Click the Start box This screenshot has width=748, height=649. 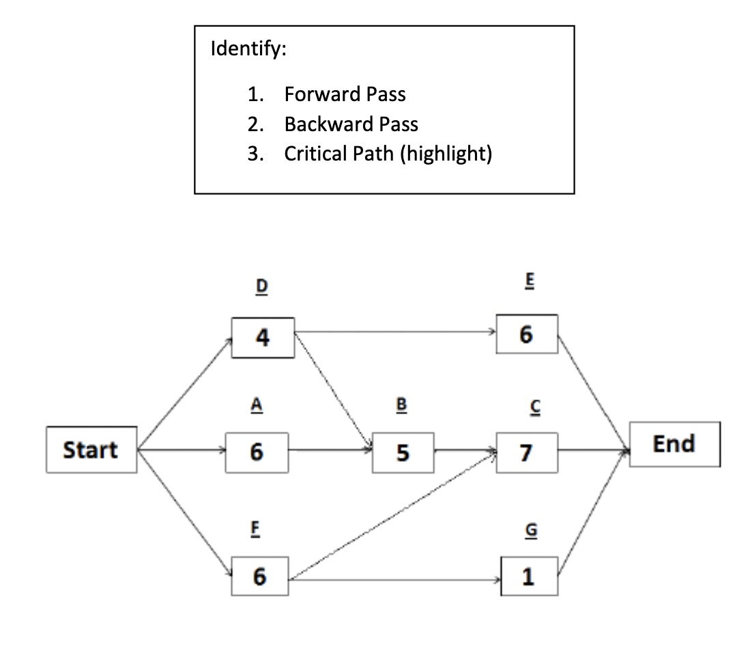(91, 450)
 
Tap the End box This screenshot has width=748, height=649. (674, 444)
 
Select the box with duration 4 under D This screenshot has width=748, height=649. (263, 337)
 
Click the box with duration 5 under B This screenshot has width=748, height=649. (403, 452)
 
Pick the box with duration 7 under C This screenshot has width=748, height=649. (527, 452)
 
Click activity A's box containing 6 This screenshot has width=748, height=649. (256, 452)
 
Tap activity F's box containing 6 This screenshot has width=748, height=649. (259, 577)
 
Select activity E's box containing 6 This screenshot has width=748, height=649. (527, 334)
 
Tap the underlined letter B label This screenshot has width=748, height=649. (401, 405)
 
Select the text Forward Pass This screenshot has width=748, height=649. (345, 94)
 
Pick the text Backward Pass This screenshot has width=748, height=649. (351, 124)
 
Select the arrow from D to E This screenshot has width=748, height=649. (396, 333)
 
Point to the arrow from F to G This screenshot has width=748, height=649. (396, 580)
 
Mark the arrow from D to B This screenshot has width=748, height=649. (333, 393)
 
